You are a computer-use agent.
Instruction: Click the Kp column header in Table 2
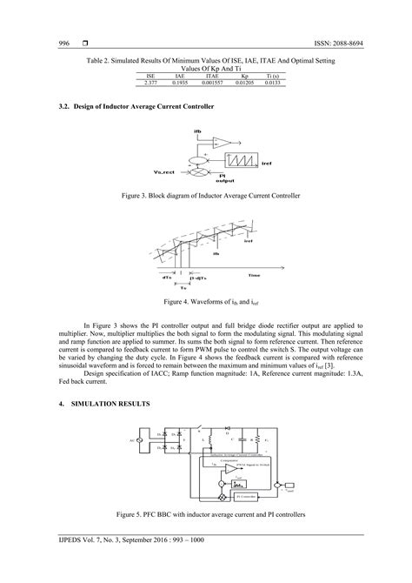pos(244,77)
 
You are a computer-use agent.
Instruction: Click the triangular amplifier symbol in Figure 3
pos(223,143)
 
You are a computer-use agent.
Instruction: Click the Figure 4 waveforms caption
pos(205,302)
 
